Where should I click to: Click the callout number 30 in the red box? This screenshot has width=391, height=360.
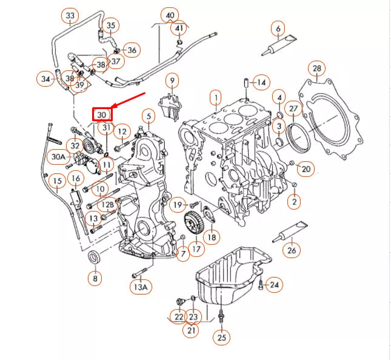tap(102, 113)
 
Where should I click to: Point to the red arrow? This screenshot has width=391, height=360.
tap(128, 101)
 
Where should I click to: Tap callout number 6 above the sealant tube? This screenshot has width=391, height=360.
tap(278, 28)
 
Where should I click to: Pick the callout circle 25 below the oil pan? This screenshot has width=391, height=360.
tap(221, 337)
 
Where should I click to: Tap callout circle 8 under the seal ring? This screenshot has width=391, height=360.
tap(95, 278)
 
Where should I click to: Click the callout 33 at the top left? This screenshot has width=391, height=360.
tap(70, 15)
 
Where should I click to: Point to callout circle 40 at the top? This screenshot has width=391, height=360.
tap(170, 15)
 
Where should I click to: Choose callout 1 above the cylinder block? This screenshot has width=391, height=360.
tap(214, 96)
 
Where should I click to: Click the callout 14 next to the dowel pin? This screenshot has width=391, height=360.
tap(261, 82)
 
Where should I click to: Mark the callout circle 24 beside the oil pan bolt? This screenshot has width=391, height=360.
tap(274, 284)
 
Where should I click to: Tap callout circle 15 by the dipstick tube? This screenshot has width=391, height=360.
tap(57, 181)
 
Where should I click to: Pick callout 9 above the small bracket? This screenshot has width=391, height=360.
tap(172, 79)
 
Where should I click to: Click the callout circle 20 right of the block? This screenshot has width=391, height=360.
tap(306, 168)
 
